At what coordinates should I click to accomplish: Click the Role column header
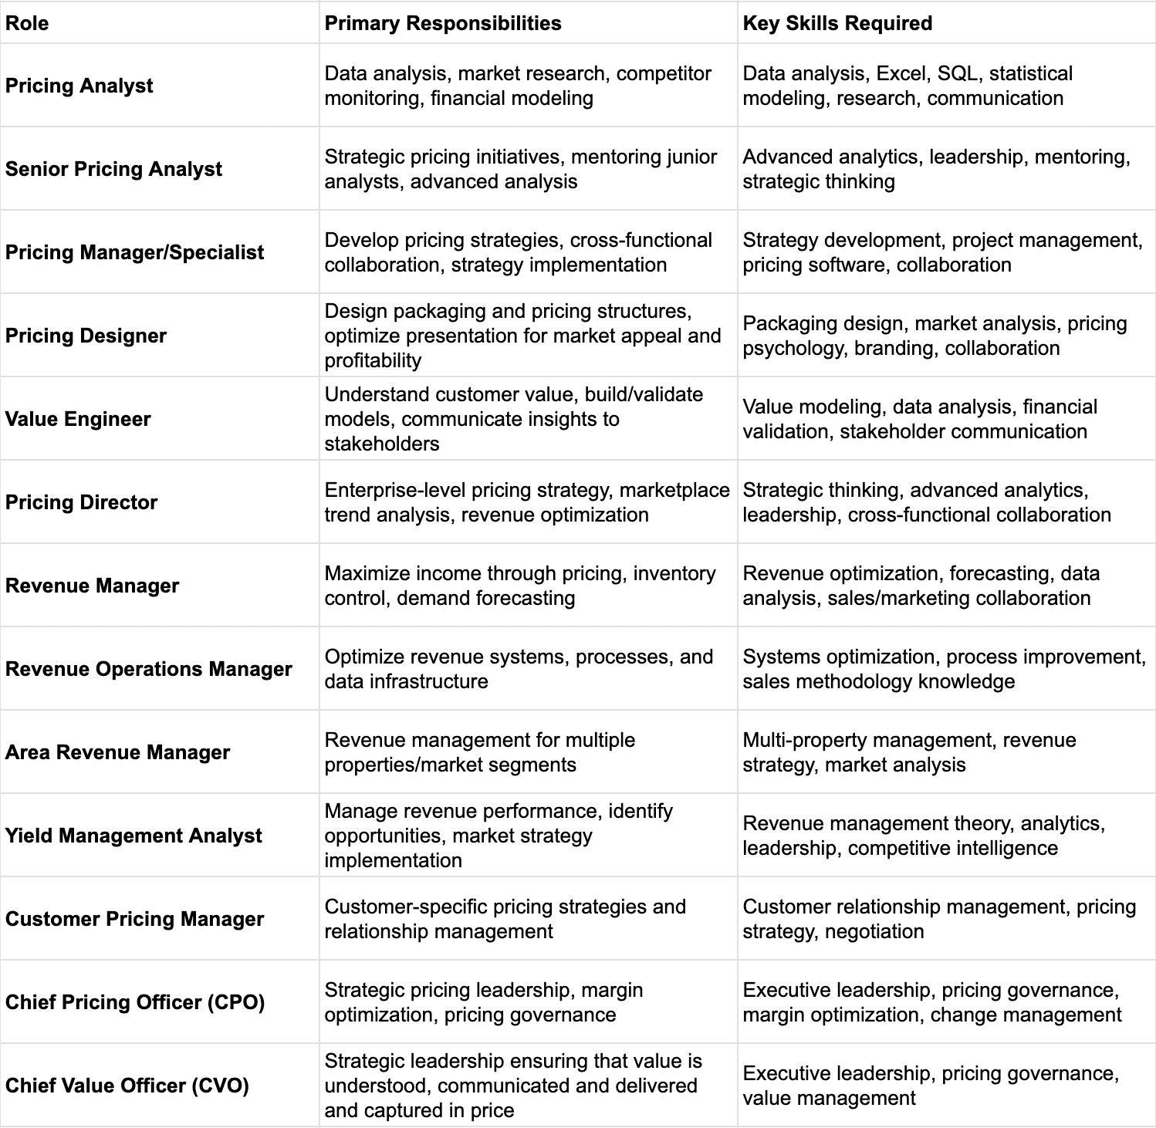pos(27,23)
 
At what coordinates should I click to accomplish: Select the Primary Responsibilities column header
pos(443,23)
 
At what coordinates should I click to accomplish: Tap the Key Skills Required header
pos(837,23)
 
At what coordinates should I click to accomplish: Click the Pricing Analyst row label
pos(79,86)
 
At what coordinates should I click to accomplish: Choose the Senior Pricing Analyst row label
pos(113,169)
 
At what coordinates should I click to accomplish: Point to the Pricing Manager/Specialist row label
pos(134,252)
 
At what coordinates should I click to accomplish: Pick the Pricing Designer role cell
pos(86,336)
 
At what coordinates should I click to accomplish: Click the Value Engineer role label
pos(78,419)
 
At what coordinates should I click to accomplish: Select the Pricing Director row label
pos(81,502)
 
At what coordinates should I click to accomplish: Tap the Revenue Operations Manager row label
pos(148,669)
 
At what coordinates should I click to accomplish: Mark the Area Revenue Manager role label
pos(117,752)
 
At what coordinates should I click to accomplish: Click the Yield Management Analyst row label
pos(134,836)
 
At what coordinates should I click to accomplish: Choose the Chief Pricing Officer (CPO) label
pos(135,1002)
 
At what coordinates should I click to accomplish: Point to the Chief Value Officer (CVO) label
pos(127,1086)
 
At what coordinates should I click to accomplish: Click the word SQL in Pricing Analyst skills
pos(958,73)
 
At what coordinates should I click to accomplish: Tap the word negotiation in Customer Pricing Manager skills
pos(874,931)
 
